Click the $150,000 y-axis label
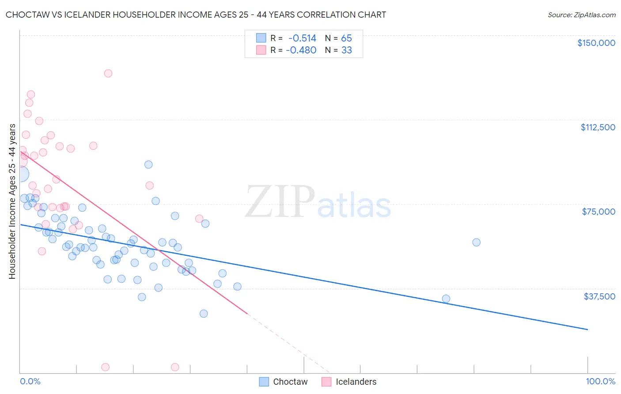596,43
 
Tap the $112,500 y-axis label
598,127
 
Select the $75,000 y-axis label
598,212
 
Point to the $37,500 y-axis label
599,296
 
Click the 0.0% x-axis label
30,381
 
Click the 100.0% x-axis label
600,381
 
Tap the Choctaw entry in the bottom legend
290,382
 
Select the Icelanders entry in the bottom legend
356,382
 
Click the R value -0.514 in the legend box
302,38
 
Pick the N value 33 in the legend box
346,50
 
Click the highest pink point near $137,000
108,73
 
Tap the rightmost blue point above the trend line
476,242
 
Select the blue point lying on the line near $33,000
446,299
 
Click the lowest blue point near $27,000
204,314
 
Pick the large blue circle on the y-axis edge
20,174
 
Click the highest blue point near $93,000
148,164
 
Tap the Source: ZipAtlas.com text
581,15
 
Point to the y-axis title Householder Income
12,201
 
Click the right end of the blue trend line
587,330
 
